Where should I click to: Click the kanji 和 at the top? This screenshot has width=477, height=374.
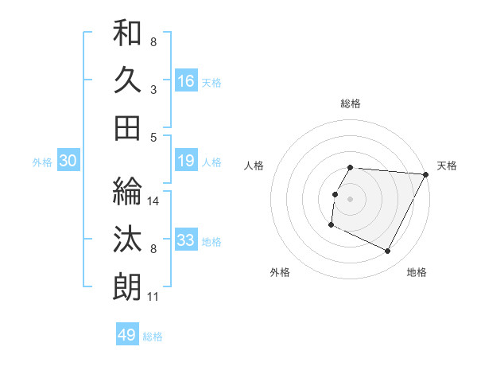pyautogui.click(x=127, y=34)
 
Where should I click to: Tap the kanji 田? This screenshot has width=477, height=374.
pyautogui.click(x=127, y=127)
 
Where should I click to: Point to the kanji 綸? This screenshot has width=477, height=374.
pyautogui.click(x=127, y=191)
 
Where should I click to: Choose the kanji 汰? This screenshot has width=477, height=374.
pyautogui.click(x=127, y=239)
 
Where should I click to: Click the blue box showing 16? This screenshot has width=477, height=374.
pyautogui.click(x=186, y=80)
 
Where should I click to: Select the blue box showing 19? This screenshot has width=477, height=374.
pyautogui.click(x=186, y=162)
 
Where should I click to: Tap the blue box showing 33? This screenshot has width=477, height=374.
pyautogui.click(x=186, y=241)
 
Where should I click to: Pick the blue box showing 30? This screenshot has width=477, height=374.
pyautogui.click(x=68, y=162)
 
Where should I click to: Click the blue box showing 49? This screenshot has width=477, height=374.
pyautogui.click(x=127, y=335)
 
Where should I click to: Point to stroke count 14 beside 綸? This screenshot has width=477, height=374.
pyautogui.click(x=153, y=201)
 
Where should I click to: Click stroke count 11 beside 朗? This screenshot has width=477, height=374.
pyautogui.click(x=153, y=298)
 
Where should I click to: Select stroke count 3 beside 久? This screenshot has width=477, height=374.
pyautogui.click(x=153, y=89)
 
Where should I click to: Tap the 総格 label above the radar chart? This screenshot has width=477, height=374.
pyautogui.click(x=350, y=103)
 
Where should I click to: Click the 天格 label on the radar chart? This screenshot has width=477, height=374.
pyautogui.click(x=447, y=166)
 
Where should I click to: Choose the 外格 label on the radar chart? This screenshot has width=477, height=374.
pyautogui.click(x=280, y=272)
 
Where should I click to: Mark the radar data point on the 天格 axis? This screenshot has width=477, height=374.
pyautogui.click(x=426, y=174)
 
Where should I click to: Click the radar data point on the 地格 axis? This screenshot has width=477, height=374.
pyautogui.click(x=388, y=251)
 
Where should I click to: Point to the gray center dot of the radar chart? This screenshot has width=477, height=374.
pyautogui.click(x=350, y=199)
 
